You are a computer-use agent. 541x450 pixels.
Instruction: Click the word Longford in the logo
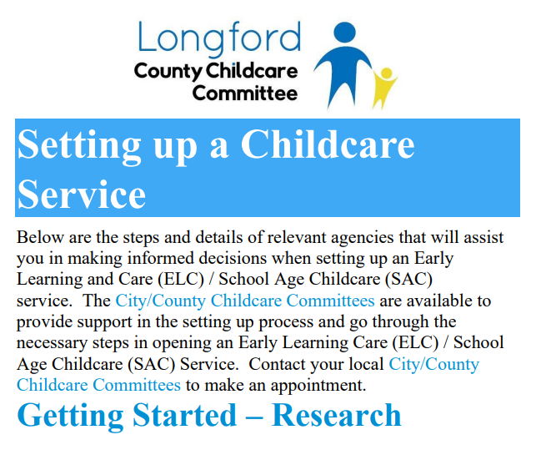pos(219,38)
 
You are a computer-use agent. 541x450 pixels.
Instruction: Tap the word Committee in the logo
pos(245,94)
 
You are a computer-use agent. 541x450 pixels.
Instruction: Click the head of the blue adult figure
pos(345,33)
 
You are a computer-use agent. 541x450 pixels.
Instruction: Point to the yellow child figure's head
pos(387,73)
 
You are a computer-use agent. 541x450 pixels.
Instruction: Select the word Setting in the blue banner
pos(79,145)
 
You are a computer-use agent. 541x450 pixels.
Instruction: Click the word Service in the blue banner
pos(82,195)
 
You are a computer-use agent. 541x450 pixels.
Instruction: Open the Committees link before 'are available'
pos(330,301)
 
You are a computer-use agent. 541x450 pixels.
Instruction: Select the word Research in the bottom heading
pos(337,415)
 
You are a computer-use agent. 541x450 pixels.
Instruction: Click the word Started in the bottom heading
pos(185,415)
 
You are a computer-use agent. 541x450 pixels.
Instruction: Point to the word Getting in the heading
pos(70,417)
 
